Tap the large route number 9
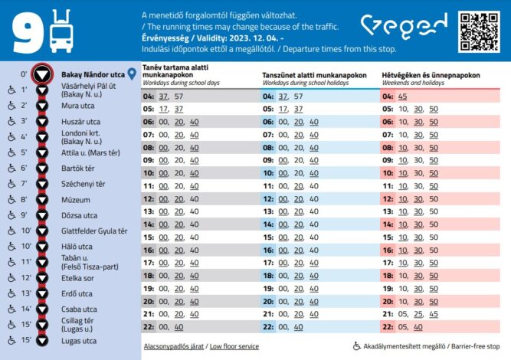pos(26,31)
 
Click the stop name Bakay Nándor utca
pos(93,74)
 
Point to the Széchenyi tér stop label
pos(84,184)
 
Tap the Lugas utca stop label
pos(79,341)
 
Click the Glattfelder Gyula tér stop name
pos(94,231)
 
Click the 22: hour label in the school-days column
pos(149,327)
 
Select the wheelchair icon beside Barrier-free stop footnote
pos(357,346)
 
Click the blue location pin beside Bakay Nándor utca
pos(133,74)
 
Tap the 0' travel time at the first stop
pos(24,74)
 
